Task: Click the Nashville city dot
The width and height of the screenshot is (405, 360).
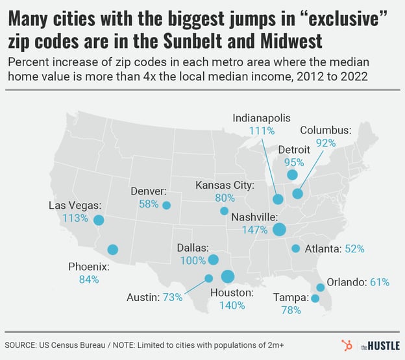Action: pos(280,229)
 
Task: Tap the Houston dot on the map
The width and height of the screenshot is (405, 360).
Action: pos(227,276)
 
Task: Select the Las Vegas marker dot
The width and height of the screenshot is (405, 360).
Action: pos(99,220)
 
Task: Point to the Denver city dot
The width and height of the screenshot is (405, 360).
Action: pos(166,205)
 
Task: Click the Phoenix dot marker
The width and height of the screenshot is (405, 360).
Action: pos(113,249)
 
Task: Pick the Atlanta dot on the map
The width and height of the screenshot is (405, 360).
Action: pos(295,248)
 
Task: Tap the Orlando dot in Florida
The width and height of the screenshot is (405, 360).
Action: pos(320,287)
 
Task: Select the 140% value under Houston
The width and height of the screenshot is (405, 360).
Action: pos(231,306)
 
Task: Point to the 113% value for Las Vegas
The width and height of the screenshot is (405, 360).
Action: pos(74,218)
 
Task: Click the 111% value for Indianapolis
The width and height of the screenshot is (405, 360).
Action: pos(262,130)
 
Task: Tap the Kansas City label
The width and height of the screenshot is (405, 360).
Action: pos(224,186)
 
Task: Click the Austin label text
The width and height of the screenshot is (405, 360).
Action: pos(142,297)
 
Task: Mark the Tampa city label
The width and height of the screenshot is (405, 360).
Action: pos(290,298)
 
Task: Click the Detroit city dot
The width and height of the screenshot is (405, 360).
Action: pos(292,174)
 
